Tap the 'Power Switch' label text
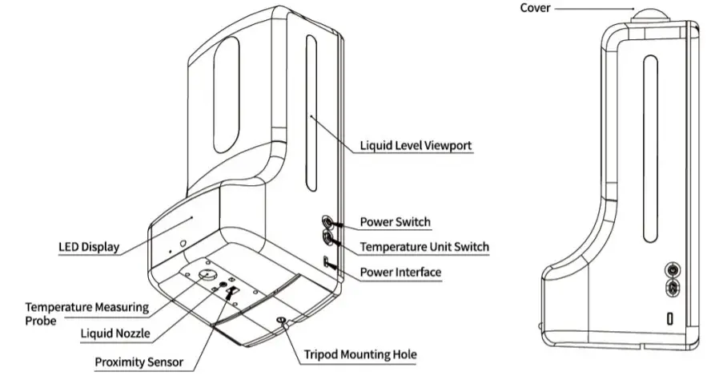point(395,222)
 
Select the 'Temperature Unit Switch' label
point(424,247)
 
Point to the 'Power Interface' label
point(400,273)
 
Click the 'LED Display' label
point(89,247)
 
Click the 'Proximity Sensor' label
point(139,362)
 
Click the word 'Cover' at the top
point(536,8)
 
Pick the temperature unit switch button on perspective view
point(328,238)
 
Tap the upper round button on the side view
point(673,269)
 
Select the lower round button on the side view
point(673,287)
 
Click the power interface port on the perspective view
point(327,262)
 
